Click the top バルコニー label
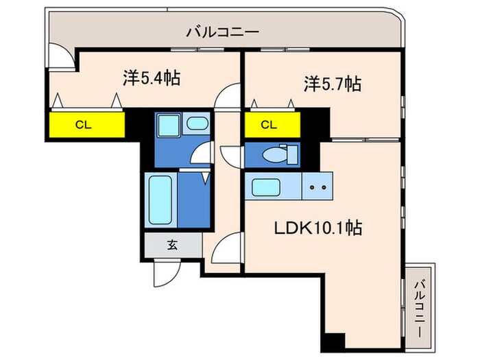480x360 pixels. click(222, 31)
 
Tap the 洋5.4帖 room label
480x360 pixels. click(152, 78)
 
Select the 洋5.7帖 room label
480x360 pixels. click(333, 84)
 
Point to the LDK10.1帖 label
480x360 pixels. click(320, 226)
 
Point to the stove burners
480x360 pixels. click(317, 187)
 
